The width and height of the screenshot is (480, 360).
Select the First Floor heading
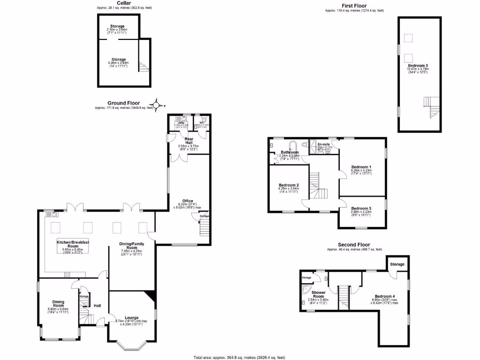(353, 6)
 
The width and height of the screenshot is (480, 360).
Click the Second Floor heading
(354, 245)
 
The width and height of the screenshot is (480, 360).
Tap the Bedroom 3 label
(361, 209)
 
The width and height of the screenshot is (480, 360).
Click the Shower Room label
(318, 294)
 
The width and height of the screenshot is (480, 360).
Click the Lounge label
(132, 318)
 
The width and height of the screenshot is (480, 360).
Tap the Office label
(187, 201)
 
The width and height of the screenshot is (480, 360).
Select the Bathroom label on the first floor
(290, 152)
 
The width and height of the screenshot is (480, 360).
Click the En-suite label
(323, 144)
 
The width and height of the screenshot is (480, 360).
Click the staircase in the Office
(203, 228)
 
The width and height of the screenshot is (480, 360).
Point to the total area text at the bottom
(240, 357)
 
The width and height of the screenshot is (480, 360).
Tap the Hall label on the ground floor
(97, 306)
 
